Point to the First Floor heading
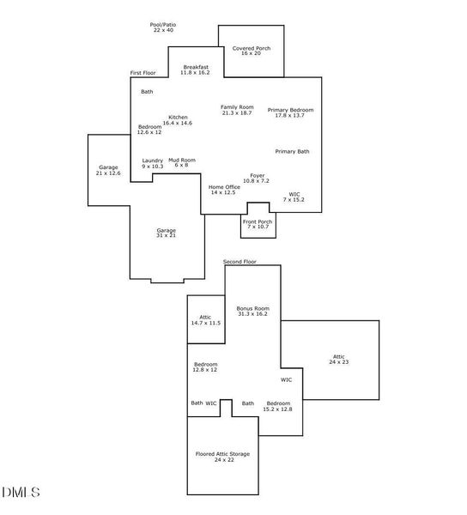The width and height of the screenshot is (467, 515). (x=143, y=73)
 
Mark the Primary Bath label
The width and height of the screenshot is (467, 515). (x=292, y=151)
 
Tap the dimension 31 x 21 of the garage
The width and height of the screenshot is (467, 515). (x=167, y=235)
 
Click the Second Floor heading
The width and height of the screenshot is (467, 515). (x=240, y=262)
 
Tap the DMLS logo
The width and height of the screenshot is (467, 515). (x=21, y=493)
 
